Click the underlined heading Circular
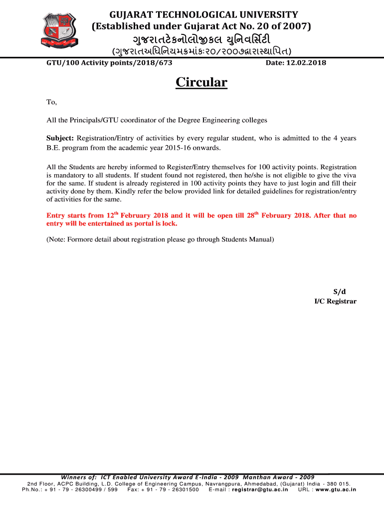pos(201,82)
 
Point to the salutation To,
pos(52,102)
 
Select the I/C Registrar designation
pos(335,301)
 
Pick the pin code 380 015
pos(339,484)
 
